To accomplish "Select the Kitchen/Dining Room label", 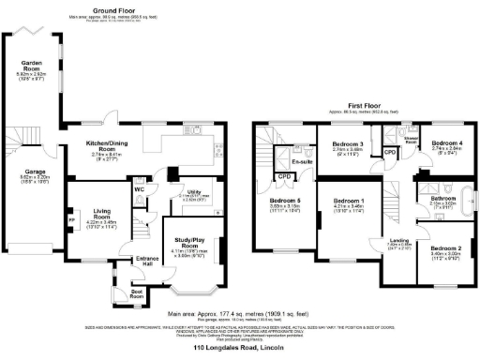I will (x=106, y=145).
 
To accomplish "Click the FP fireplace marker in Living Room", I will (x=72, y=222).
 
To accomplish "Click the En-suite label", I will (x=302, y=162).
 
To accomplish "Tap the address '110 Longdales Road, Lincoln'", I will (x=240, y=348).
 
